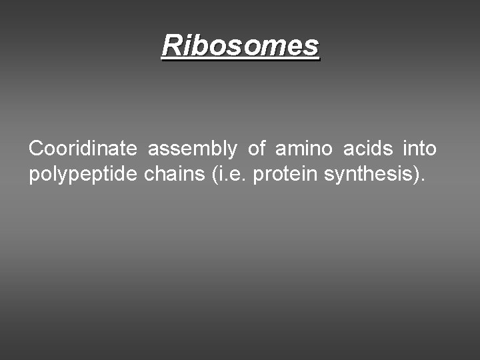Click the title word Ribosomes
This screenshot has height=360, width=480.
click(x=241, y=45)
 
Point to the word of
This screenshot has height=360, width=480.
click(x=257, y=148)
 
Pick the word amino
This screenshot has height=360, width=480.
click(x=304, y=148)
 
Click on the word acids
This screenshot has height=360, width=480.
click(x=368, y=148)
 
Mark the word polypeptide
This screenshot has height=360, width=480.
click(x=83, y=175)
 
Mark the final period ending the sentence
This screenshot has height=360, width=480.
click(x=421, y=181)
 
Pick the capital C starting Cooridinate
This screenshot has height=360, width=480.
click(x=35, y=148)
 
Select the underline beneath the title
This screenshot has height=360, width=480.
click(x=241, y=59)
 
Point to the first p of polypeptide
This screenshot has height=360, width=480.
click(x=33, y=177)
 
